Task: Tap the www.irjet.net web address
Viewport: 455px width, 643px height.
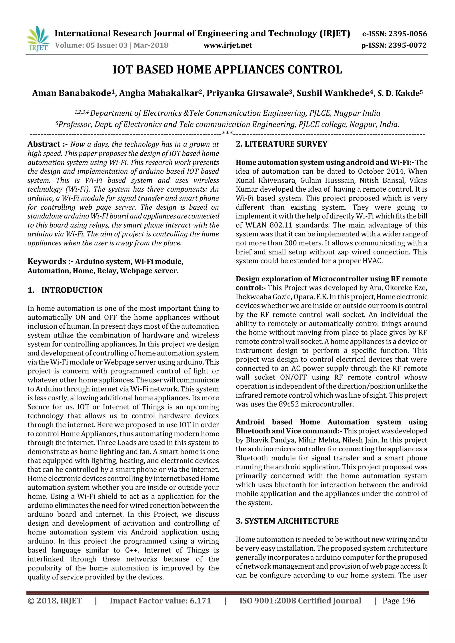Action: pos(227,45)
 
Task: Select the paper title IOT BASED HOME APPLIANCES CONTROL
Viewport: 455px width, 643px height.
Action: pos(227,70)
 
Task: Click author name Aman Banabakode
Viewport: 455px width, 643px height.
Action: pos(72,93)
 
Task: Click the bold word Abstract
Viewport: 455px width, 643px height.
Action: pos(44,144)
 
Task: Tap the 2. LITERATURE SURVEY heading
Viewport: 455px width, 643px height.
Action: pos(281,144)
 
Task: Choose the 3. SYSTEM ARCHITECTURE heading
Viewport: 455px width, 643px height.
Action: pos(287,521)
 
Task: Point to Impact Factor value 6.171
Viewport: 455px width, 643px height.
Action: pos(160,601)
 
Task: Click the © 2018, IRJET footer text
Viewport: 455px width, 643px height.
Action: pos(55,601)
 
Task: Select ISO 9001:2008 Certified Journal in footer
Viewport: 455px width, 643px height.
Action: pos(300,601)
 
